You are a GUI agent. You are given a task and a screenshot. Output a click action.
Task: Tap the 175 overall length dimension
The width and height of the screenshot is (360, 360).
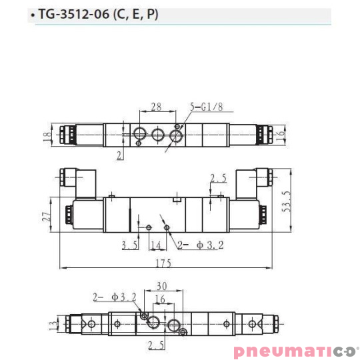pos(163,263)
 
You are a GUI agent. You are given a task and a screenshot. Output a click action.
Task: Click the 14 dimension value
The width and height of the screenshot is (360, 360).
pos(155,245)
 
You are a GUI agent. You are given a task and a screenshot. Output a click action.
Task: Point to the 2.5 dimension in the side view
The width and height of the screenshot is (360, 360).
pos(219,178)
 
